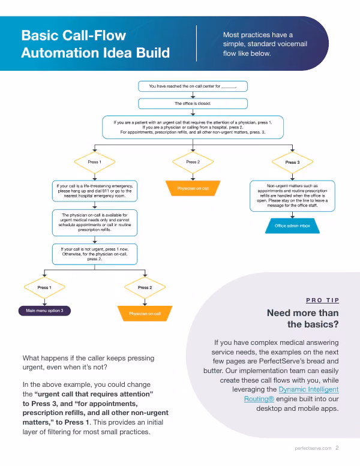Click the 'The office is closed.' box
pyautogui.click(x=193, y=103)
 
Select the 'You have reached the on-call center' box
pyautogui.click(x=193, y=86)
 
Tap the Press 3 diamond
pyautogui.click(x=293, y=163)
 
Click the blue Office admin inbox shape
pyautogui.click(x=293, y=226)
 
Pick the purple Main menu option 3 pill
pyautogui.click(x=44, y=311)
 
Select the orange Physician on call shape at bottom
pyautogui.click(x=145, y=314)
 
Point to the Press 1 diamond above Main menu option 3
pyautogui.click(x=44, y=287)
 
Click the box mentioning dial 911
pyautogui.click(x=95, y=191)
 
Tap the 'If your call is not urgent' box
pyautogui.click(x=95, y=254)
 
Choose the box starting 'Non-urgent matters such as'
pyautogui.click(x=293, y=196)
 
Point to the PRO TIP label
pyautogui.click(x=323, y=300)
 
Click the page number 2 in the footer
pyautogui.click(x=337, y=448)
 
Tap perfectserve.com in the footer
pyautogui.click(x=313, y=448)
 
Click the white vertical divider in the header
pyautogui.click(x=196, y=43)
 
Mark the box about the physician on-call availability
pyautogui.click(x=95, y=223)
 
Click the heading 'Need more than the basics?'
pyautogui.click(x=302, y=318)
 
